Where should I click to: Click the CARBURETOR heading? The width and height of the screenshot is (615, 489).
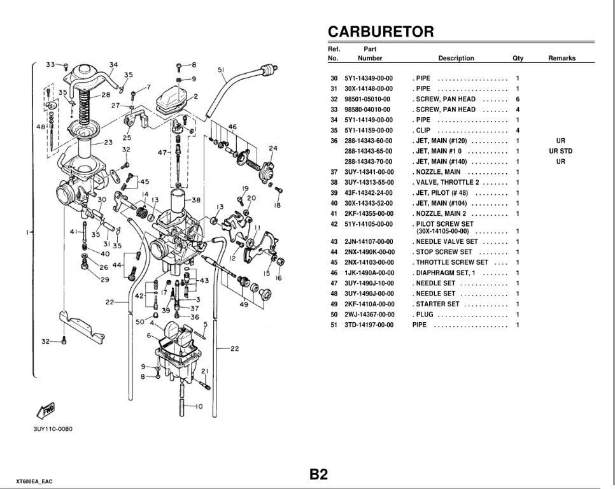pos(380,32)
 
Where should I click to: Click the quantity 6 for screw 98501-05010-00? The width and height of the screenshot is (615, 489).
pos(518,99)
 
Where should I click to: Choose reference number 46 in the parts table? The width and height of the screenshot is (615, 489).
pos(334,273)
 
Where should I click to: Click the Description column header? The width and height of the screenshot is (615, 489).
pos(456,58)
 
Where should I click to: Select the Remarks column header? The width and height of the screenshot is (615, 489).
pos(562,58)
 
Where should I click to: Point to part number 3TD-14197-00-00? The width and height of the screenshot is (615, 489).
pos(370,325)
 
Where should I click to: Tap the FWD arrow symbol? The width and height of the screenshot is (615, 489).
pos(47,409)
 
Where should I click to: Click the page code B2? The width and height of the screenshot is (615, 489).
pos(318,474)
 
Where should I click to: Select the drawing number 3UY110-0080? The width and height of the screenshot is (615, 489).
pos(53,429)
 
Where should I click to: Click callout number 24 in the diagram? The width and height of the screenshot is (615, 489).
pos(272,149)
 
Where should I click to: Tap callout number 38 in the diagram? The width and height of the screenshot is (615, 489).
pos(196,199)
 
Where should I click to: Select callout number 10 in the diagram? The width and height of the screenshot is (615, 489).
pos(199,406)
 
